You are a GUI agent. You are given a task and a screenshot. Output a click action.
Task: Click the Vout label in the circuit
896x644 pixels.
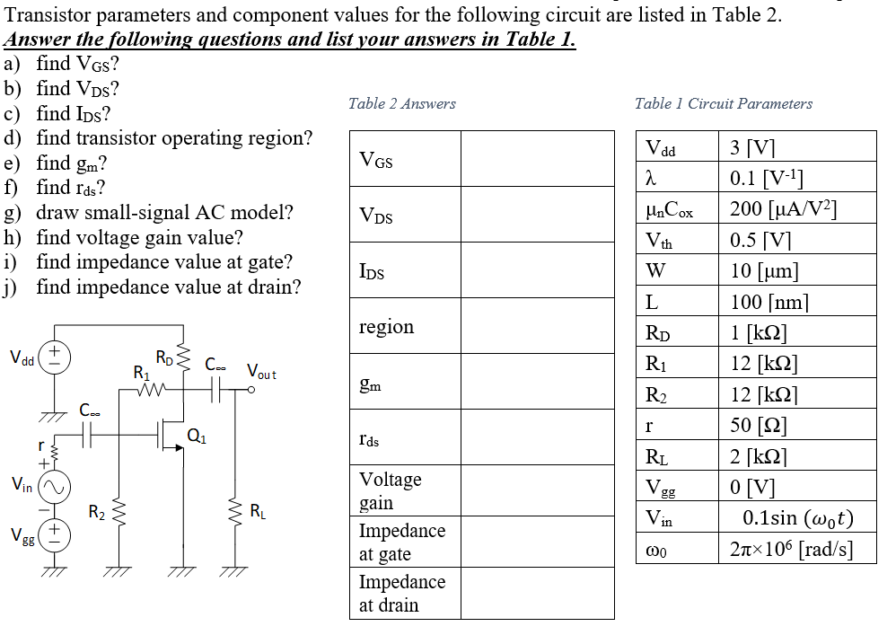click(262, 371)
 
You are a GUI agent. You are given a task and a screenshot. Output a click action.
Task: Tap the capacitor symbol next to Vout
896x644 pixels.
click(216, 389)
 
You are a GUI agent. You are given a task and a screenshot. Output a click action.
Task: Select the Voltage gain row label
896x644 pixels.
click(390, 490)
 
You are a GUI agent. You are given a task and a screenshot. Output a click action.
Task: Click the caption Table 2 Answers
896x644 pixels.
click(401, 104)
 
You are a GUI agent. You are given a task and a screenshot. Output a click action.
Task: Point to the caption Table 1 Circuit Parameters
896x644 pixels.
click(723, 104)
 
